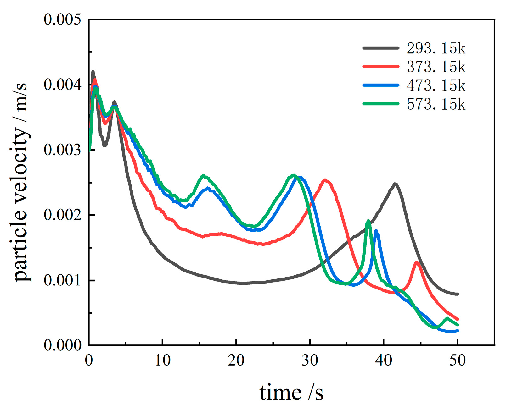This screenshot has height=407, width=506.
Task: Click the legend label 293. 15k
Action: [436, 48]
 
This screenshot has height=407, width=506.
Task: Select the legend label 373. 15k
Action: [436, 67]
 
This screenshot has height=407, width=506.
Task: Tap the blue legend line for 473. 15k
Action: [381, 85]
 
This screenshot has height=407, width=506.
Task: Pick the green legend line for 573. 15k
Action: [381, 103]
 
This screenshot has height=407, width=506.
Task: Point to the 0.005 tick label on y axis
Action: [58, 19]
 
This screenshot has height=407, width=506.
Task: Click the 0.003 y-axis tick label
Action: [58, 150]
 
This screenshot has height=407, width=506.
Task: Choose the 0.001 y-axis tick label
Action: [58, 280]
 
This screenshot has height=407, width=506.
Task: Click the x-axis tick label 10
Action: [162, 360]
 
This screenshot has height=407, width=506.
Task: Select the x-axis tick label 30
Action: [310, 360]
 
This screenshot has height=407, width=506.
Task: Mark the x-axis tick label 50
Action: [457, 360]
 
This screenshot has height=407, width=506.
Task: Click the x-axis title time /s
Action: [291, 393]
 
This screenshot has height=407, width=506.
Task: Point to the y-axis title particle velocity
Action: [21, 182]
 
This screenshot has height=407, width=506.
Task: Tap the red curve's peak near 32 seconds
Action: [325, 180]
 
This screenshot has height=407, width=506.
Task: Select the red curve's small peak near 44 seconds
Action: [417, 262]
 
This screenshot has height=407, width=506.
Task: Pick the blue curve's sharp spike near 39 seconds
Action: [376, 231]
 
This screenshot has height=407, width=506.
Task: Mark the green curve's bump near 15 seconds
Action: [203, 176]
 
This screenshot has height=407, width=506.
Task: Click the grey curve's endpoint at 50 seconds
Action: [457, 294]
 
